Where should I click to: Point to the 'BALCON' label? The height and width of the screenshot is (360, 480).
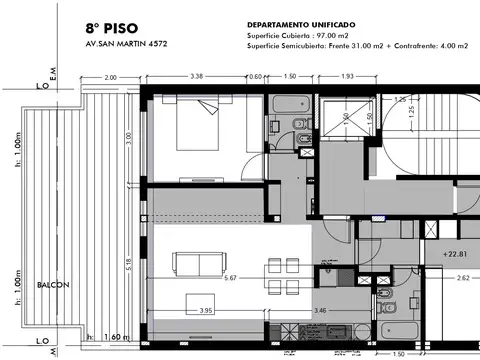click(53, 285)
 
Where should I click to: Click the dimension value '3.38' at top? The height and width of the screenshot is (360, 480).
click(197, 77)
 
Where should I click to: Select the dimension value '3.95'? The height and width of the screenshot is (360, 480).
click(207, 311)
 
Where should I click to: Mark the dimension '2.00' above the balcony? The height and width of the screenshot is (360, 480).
click(110, 77)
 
